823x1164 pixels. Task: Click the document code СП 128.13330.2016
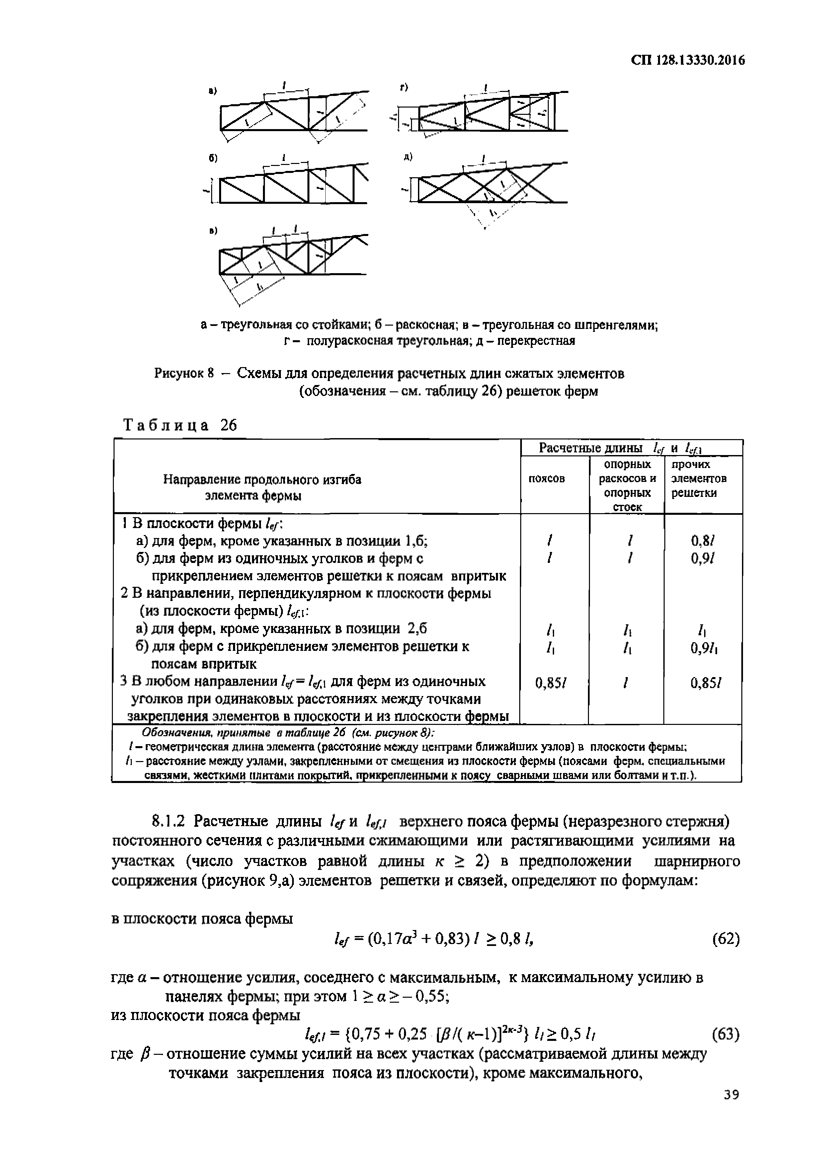687,61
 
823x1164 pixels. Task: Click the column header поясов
547,479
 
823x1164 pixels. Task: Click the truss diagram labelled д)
489,185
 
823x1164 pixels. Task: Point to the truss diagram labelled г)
489,114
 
